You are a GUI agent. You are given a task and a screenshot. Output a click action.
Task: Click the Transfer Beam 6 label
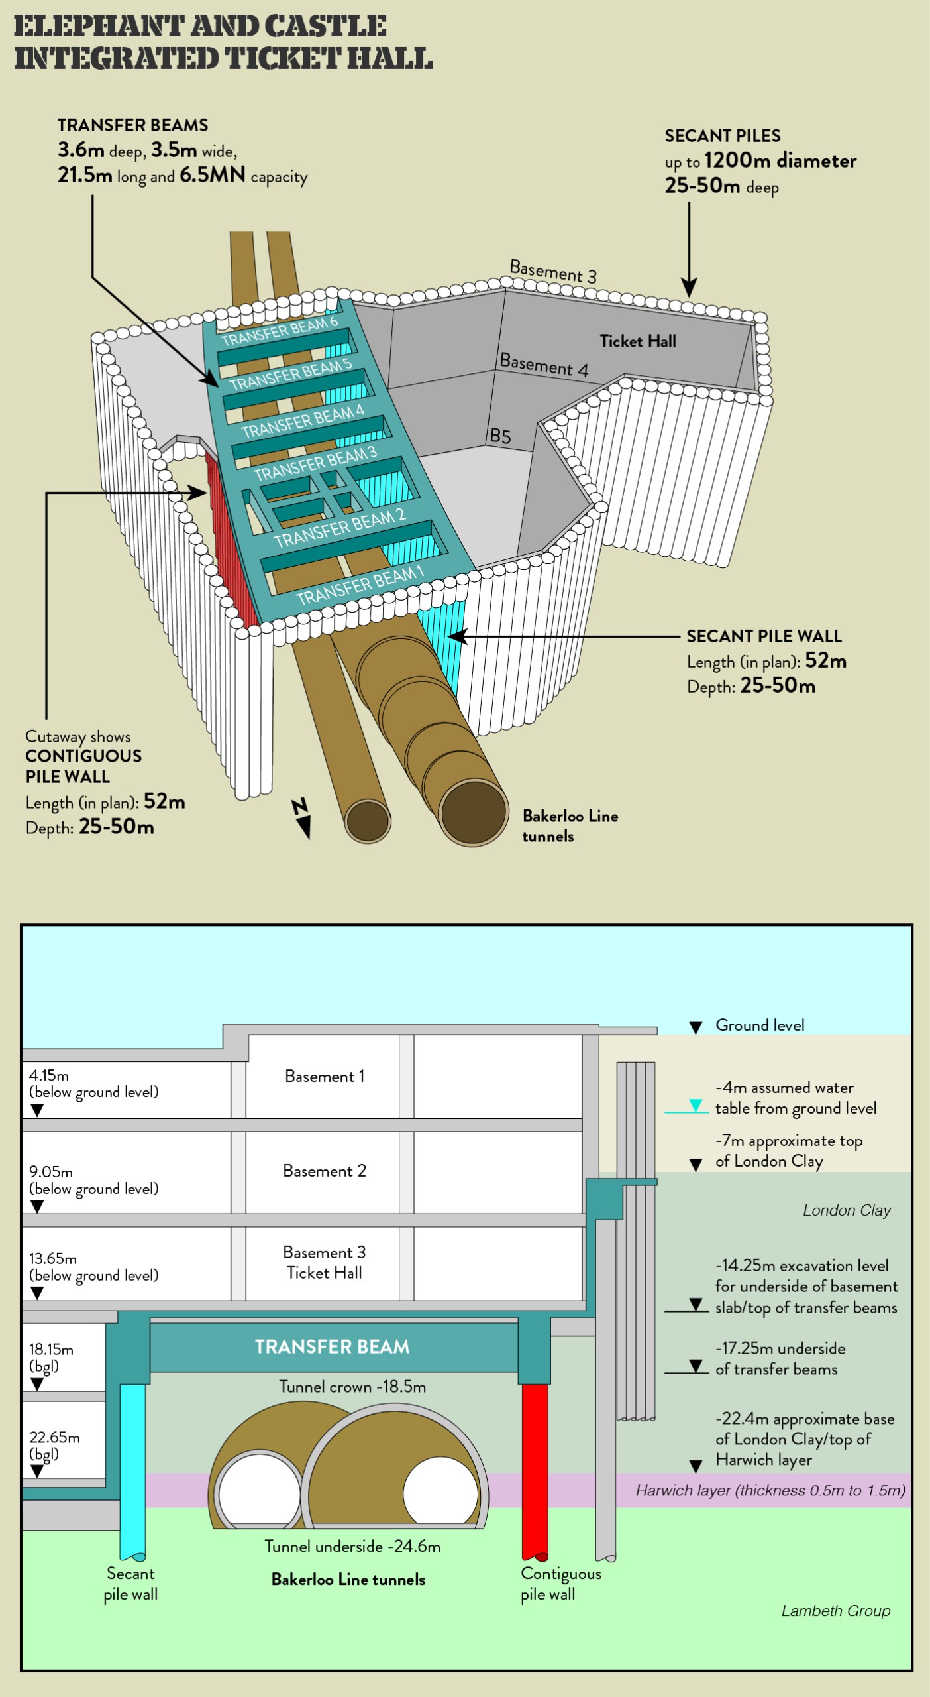point(280,330)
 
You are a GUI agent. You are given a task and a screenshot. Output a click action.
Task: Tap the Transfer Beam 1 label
point(360,585)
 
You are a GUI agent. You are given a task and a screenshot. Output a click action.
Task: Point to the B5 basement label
point(500,436)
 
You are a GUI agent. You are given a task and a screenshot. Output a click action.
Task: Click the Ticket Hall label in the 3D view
point(638,341)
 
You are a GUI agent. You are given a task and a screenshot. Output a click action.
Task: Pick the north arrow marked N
point(302,819)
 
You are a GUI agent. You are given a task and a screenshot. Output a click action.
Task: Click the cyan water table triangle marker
point(696,1105)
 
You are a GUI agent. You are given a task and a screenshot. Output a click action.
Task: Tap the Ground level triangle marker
point(696,1027)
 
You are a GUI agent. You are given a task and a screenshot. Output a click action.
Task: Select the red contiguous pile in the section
point(535,1472)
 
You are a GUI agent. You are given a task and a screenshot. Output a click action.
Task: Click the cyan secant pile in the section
point(132,1472)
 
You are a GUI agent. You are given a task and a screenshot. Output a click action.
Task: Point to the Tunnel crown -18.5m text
point(352,1387)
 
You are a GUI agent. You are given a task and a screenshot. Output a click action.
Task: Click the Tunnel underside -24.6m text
point(352,1547)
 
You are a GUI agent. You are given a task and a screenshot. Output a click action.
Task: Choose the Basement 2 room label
point(324,1171)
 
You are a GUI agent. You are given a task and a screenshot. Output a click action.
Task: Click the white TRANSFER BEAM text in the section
point(332,1346)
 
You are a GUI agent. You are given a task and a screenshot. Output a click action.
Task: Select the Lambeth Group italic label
point(835,1611)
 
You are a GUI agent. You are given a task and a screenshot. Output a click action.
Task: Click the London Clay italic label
point(847,1210)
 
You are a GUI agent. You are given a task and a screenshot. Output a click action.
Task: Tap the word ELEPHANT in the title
point(99,27)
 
